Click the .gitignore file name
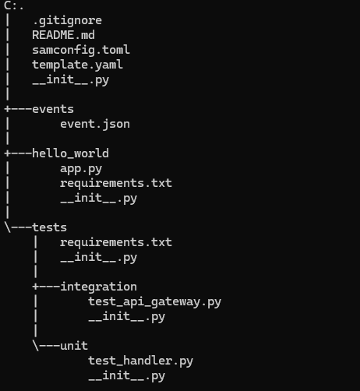click(67, 21)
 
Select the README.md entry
click(64, 35)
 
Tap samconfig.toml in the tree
click(81, 50)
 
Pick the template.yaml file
click(78, 65)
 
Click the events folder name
click(53, 109)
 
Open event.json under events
click(95, 124)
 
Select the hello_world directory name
click(71, 153)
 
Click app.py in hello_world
click(81, 169)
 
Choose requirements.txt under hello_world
click(116, 183)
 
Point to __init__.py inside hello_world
click(99, 199)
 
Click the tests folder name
click(50, 227)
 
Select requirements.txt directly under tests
click(116, 242)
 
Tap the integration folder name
click(99, 287)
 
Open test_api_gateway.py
click(154, 302)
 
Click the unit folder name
click(74, 346)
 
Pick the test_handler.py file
click(140, 361)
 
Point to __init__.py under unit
click(127, 376)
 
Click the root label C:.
click(13, 5)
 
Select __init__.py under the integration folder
click(127, 317)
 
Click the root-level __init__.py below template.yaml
click(71, 80)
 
